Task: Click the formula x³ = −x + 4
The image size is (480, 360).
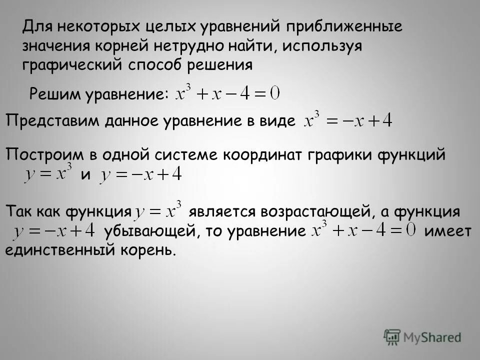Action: click(x=348, y=121)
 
